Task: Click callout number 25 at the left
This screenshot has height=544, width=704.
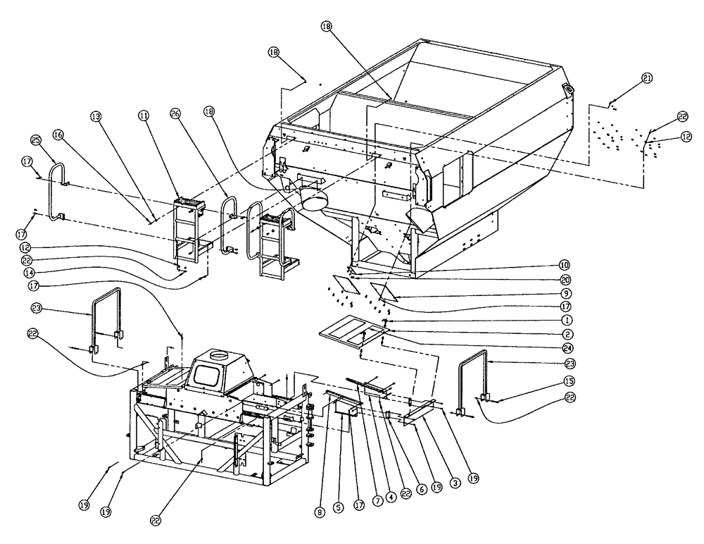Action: point(37,140)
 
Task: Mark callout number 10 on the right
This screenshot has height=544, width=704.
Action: point(565,266)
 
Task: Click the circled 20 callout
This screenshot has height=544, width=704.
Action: point(565,279)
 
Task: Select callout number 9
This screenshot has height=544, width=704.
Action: point(565,292)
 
